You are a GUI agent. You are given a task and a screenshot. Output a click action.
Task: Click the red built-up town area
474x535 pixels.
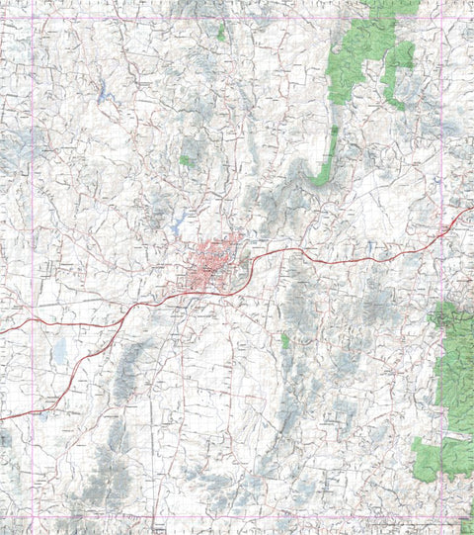[211, 264]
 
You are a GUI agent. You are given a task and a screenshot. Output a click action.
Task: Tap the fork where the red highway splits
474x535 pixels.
[127, 314]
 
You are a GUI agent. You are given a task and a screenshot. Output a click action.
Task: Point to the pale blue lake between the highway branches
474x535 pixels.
[60, 349]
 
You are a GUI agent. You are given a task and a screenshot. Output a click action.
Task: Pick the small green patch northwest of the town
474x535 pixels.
[186, 160]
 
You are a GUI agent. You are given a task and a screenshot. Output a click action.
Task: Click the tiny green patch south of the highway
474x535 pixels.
[285, 340]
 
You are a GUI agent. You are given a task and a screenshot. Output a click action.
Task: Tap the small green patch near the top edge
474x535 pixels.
[222, 33]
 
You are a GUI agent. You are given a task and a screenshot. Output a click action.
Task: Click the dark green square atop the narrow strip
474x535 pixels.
[336, 130]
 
